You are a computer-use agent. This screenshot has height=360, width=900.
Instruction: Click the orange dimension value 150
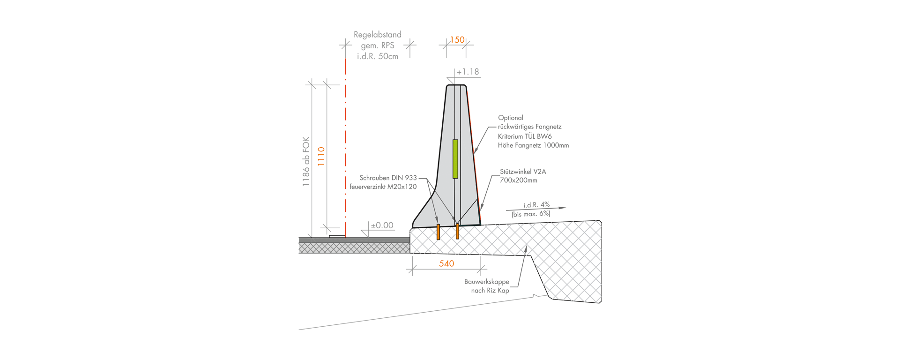(x=457, y=40)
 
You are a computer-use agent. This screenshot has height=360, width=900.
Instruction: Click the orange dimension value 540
(x=446, y=264)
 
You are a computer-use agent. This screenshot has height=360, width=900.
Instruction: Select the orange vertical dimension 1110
(x=321, y=157)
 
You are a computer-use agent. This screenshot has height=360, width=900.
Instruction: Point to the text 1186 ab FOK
(x=306, y=162)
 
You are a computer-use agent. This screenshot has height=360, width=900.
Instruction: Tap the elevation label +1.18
(x=468, y=72)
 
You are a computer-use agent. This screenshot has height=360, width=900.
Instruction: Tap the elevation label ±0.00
(x=382, y=225)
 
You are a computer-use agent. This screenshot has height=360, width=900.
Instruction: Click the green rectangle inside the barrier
(x=455, y=159)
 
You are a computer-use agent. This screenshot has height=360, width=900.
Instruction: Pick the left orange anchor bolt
(x=438, y=232)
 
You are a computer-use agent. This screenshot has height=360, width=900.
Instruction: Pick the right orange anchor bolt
(x=457, y=232)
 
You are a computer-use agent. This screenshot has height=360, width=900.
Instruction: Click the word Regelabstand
(x=378, y=35)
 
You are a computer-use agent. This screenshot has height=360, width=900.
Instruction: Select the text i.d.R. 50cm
(x=378, y=57)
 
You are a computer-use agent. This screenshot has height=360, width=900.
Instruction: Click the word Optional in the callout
(x=511, y=118)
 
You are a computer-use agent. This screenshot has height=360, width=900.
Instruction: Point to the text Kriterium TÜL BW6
(x=525, y=136)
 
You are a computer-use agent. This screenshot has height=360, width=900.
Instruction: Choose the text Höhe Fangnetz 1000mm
(x=534, y=145)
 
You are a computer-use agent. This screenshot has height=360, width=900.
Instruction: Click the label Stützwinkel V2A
(x=523, y=172)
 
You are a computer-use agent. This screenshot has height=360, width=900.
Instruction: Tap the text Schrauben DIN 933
(x=388, y=178)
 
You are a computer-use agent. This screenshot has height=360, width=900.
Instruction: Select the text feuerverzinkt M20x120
(x=383, y=187)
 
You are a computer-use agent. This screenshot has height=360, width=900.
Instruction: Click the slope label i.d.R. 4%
(x=536, y=205)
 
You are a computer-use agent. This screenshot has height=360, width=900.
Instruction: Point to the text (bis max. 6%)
(x=531, y=214)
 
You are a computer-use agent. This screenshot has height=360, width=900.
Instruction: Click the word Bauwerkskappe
(x=487, y=282)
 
